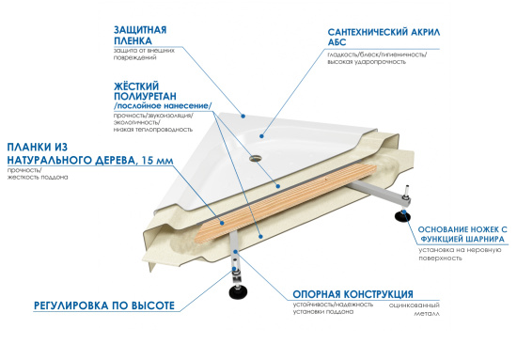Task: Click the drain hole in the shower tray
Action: [x=253, y=158]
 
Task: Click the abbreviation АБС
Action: [x=328, y=43]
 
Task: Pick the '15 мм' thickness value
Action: [x=154, y=161]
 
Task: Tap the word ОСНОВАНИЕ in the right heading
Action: [x=439, y=227]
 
